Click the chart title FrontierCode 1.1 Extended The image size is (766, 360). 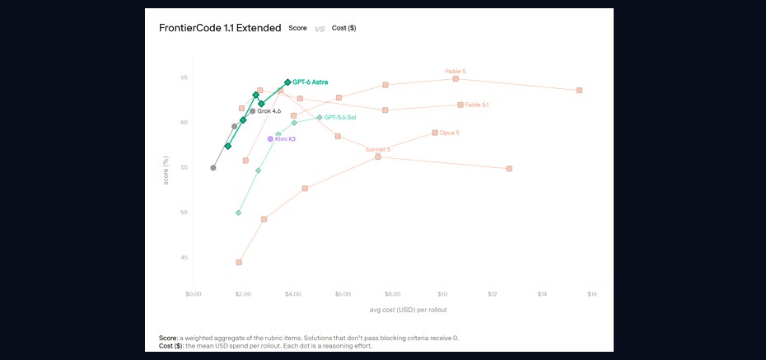220,28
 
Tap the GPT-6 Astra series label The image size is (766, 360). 311,82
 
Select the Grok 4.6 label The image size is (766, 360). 269,111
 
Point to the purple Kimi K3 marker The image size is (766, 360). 271,138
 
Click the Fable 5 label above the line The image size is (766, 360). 455,72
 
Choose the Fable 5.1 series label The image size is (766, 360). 477,105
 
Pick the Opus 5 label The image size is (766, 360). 450,133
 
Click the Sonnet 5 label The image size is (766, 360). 377,149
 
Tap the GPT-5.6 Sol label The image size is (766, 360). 340,118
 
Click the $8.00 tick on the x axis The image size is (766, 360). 392,294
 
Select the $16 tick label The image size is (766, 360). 591,294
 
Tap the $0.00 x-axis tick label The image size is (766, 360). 194,294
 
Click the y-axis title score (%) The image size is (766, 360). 166,171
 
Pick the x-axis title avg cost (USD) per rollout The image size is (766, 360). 409,310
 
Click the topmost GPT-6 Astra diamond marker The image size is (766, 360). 287,82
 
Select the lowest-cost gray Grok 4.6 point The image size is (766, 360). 213,167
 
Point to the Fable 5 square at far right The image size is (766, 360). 579,91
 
